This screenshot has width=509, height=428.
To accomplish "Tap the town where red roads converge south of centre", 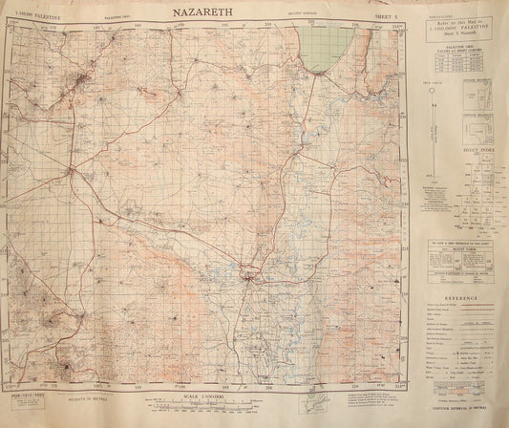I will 251,279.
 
